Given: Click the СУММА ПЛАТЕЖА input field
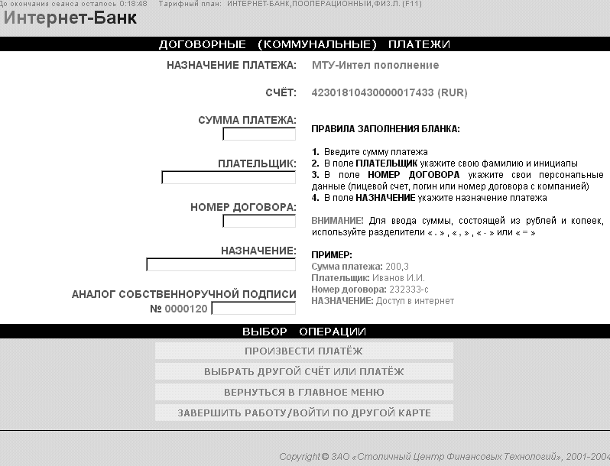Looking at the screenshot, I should [x=259, y=134].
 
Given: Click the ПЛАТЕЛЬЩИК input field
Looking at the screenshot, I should [x=229, y=178].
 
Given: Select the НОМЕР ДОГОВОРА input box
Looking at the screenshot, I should [x=259, y=222].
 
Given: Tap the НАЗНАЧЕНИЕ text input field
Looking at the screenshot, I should [x=221, y=265].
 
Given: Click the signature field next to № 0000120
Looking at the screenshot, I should [x=253, y=309].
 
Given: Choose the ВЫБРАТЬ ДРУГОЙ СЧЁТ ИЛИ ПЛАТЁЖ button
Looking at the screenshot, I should [x=303, y=371].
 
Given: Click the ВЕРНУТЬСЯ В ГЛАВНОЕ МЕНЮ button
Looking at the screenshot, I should [x=303, y=392].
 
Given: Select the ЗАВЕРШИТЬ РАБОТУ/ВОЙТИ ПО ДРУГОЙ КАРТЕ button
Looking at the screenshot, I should [x=303, y=413].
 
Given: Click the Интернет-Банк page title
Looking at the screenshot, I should [x=71, y=18].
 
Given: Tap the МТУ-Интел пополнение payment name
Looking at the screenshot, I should [x=375, y=65].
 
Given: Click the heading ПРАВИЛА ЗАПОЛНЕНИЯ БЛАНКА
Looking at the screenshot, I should [x=386, y=129].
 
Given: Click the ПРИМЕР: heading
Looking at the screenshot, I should [x=332, y=254].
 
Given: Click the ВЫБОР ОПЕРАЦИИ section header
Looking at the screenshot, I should [x=304, y=332].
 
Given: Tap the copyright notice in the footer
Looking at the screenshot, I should [x=443, y=457].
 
